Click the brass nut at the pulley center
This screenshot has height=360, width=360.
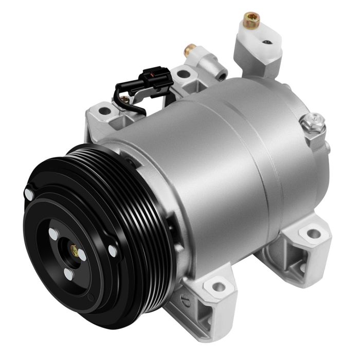75,251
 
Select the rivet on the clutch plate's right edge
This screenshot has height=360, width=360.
112,250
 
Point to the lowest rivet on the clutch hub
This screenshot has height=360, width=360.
68,275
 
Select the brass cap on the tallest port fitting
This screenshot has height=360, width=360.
251,20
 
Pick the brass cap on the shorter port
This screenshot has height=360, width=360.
190,50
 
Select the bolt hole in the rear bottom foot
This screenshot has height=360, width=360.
313,234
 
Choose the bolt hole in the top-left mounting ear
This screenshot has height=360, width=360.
104,110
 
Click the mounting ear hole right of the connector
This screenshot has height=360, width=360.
183,75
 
